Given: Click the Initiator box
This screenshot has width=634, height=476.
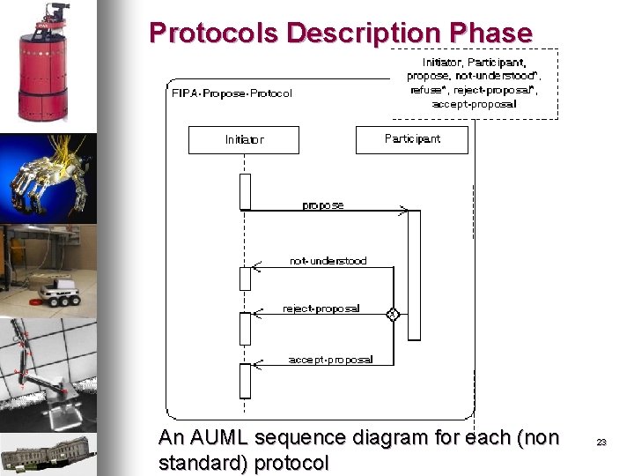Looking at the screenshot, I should click(244, 140).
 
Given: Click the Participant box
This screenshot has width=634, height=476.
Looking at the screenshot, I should click(412, 139).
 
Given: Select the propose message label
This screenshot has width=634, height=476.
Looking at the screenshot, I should click(323, 205).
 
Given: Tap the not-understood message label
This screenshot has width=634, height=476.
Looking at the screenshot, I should click(328, 261).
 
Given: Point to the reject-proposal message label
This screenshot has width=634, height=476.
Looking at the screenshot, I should click(321, 309).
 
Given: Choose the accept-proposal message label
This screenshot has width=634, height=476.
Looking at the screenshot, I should click(330, 359).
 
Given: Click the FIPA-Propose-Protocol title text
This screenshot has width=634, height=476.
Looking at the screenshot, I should click(231, 93).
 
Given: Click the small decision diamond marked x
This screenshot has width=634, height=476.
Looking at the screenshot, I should click(393, 314).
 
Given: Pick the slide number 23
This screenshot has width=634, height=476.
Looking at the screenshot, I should click(601, 443).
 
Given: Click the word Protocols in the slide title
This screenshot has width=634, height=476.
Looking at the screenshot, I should click(215, 33).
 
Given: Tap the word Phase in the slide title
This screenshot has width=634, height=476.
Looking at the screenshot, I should click(490, 33).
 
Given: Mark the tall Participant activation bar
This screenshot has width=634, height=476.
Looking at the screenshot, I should click(414, 274).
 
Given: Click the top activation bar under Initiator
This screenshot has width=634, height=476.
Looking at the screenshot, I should click(246, 191).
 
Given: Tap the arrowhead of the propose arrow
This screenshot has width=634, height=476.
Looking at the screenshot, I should click(404, 211).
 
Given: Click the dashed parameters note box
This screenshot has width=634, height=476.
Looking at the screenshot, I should click(475, 83).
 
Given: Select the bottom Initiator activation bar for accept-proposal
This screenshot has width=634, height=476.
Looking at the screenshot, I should click(246, 381).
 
